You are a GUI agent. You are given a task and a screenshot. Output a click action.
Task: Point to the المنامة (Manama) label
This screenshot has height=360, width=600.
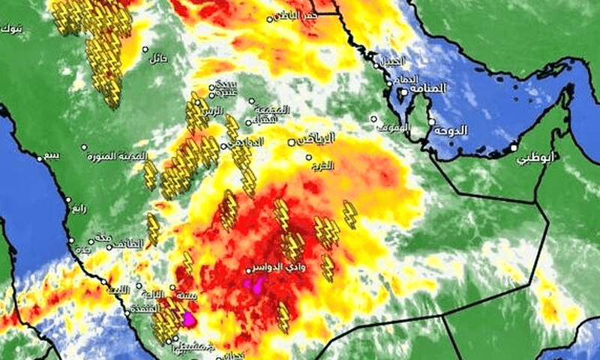tap(427, 88)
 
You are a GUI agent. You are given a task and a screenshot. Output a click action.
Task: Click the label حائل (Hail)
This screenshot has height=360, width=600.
tap(158, 58)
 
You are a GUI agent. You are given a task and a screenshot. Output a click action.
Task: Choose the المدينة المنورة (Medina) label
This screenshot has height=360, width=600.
tap(112, 156)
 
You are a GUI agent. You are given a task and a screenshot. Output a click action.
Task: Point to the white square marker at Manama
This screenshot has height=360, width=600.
tap(403, 92)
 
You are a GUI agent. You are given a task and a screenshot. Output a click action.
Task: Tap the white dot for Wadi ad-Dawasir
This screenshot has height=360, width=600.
tap(248, 271)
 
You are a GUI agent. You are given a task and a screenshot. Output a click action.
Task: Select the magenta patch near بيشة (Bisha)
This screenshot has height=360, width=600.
tap(188, 319)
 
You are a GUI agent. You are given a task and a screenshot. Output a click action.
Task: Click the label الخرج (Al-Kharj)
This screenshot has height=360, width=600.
tap(322, 166)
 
